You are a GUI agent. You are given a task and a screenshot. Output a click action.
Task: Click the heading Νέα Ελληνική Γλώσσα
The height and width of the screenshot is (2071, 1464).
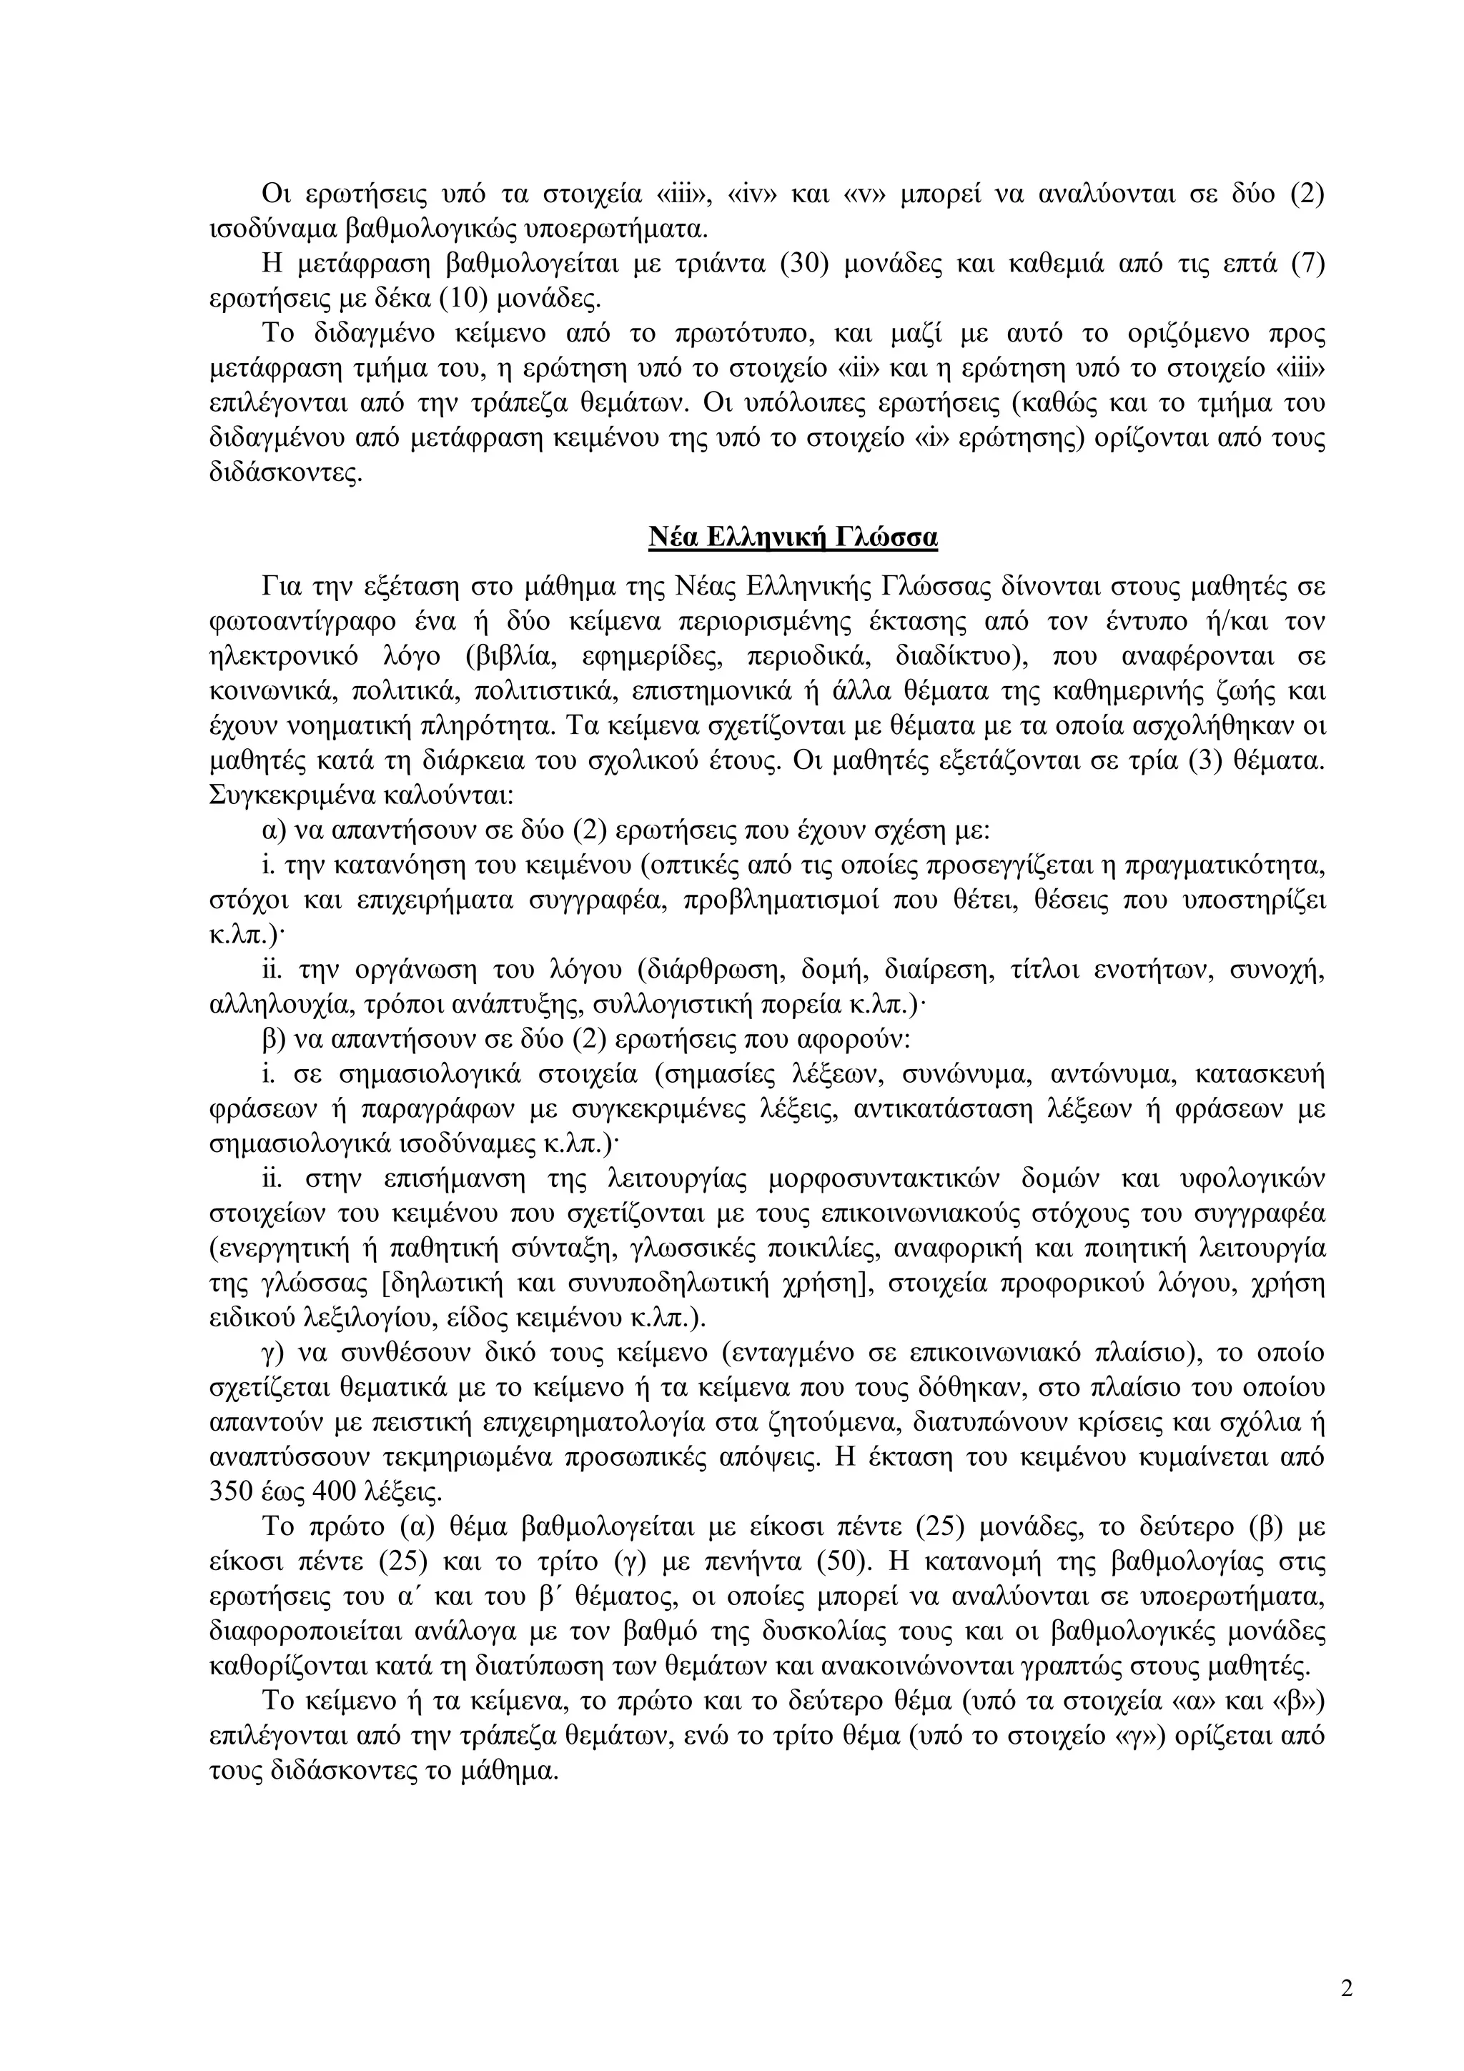click(x=793, y=537)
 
